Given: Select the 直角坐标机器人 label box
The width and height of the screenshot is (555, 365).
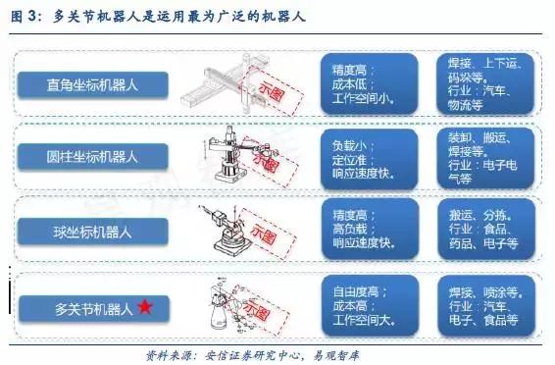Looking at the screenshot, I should point(93,83).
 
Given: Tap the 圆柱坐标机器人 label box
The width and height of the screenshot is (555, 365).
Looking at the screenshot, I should point(93,156).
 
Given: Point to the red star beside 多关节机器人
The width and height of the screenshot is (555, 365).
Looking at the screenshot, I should point(144,307).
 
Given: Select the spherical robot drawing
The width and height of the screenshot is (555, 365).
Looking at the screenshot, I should point(230,228).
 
